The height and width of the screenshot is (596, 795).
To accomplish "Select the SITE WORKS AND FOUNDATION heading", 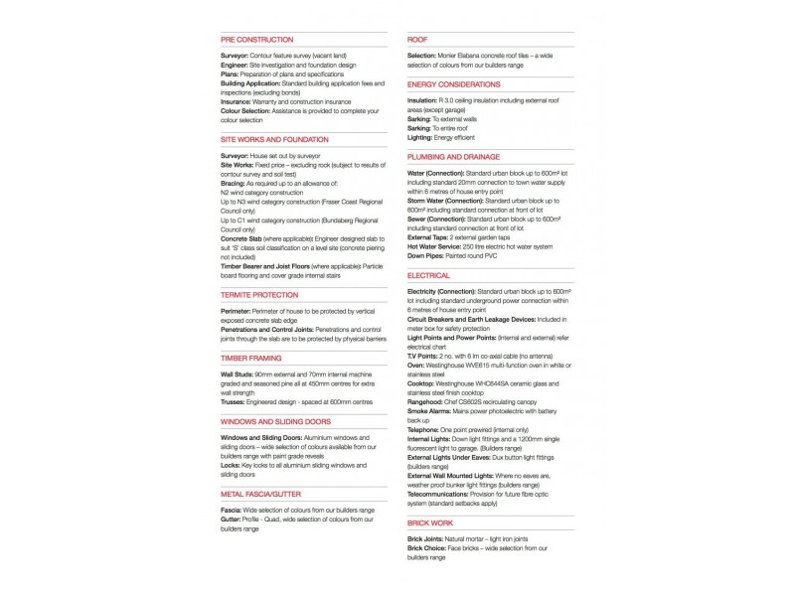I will point(274,140).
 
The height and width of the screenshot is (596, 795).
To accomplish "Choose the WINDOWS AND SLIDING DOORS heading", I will point(273,421).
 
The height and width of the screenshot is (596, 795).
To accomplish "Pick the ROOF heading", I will point(417,40).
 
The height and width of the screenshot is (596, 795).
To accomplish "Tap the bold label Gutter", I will point(232,518).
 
